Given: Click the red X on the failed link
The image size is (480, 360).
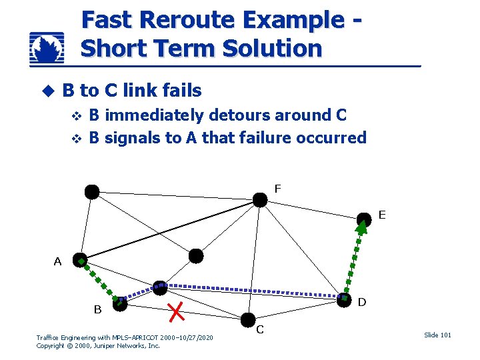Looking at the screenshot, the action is coord(177,309).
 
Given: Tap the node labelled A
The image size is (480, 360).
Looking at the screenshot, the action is coord(81,261).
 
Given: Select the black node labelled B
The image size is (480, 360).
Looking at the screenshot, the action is coord(119,304).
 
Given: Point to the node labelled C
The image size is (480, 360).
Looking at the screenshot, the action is coord(248,319).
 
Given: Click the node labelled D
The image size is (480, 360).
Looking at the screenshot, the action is coord(344,299).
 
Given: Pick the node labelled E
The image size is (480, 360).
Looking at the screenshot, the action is coord(363,219).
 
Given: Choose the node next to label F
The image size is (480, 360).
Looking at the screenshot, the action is coord(260,200).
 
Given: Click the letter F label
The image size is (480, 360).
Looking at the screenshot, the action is coord(277,189).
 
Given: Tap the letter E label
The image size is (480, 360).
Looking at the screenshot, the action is coord(382,215).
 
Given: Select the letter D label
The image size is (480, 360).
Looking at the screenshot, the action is coord(362,302).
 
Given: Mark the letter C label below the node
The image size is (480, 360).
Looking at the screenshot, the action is coord(260,329).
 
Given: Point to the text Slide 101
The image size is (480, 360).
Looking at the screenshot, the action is coord(437,335).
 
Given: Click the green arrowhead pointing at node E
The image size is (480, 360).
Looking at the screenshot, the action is coord(361,228).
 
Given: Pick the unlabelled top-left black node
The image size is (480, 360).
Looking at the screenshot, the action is coord(92,192).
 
